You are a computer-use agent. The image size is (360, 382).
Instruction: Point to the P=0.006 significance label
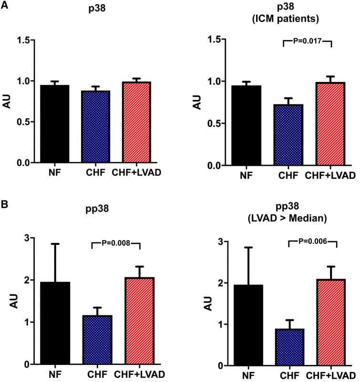pos(313,242)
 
